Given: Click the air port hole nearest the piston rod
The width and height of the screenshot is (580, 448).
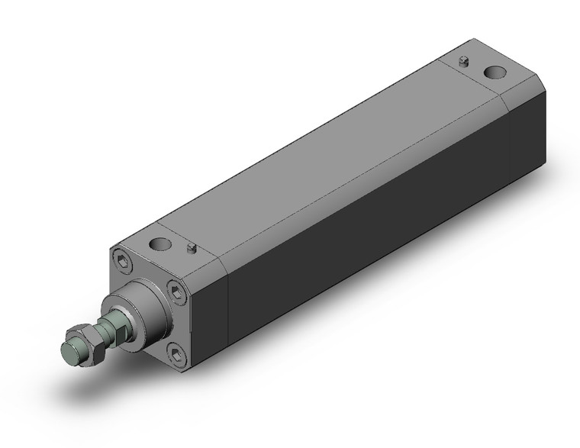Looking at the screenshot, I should click(x=161, y=246).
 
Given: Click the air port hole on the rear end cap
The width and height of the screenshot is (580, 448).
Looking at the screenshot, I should click(x=496, y=74).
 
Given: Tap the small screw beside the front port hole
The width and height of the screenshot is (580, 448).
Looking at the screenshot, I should click(x=191, y=247).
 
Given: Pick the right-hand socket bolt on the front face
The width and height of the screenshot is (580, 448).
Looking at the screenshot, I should click(x=177, y=291).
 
